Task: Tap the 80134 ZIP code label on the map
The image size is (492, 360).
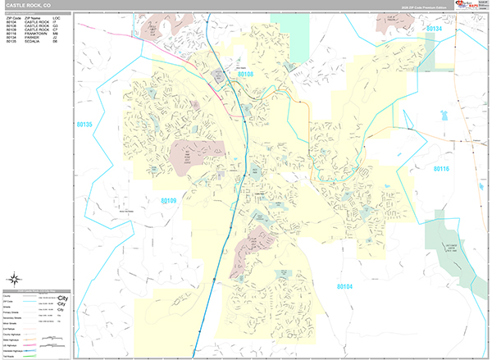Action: click(434, 29)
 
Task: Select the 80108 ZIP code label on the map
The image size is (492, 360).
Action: click(246, 74)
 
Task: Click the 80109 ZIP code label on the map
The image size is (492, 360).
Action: click(168, 199)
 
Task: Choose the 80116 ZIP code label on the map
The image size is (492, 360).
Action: click(441, 168)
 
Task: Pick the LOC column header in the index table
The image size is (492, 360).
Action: click(56, 16)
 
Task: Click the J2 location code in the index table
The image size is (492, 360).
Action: click(56, 37)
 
